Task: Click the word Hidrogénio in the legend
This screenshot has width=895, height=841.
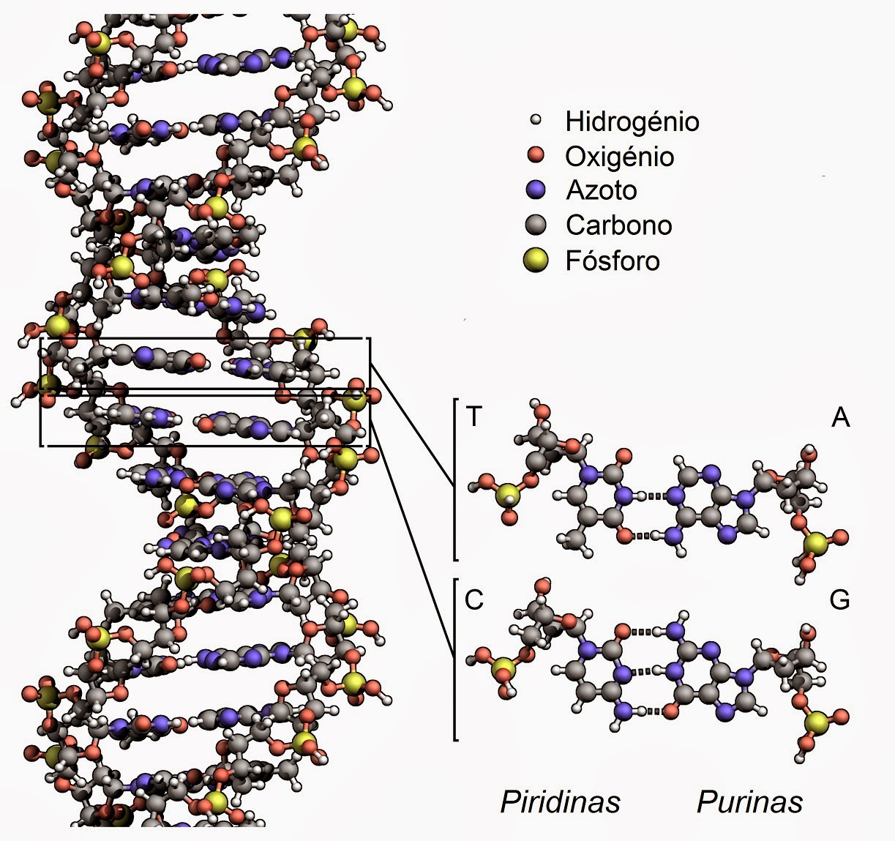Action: coord(632,122)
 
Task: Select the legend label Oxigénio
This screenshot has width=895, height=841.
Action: coord(619,157)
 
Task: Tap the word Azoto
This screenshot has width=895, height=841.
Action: coord(601,190)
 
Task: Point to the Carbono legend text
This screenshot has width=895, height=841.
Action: coord(618,225)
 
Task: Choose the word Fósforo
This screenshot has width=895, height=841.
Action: coord(612,261)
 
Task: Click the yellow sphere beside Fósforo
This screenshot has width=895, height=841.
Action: coord(536,260)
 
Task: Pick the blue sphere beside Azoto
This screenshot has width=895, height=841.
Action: coord(536,190)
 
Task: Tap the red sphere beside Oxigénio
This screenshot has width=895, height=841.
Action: coord(536,155)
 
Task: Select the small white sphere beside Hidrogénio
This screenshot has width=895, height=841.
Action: coord(536,120)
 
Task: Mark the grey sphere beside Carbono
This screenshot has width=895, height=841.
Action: coord(536,225)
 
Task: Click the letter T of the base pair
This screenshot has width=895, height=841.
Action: coord(474,416)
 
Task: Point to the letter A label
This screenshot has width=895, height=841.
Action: coord(841,417)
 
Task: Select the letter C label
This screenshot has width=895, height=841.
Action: coord(474,599)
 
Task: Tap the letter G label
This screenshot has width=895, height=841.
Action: coord(839,599)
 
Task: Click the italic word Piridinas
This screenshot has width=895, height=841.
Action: coord(560,801)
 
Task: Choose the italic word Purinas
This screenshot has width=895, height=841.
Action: coord(749,801)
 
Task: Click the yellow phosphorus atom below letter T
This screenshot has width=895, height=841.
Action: coord(506,498)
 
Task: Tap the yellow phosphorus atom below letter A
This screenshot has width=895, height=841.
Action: coord(816,544)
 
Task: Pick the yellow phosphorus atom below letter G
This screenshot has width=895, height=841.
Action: coord(815,723)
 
